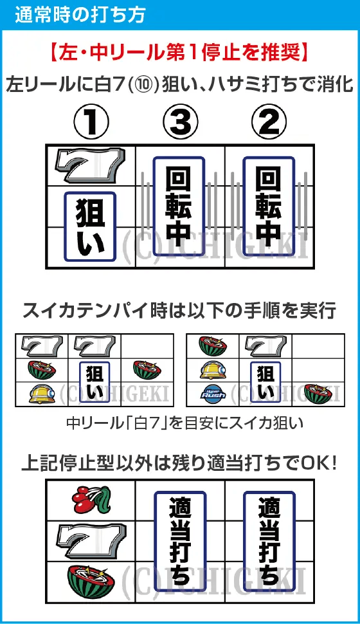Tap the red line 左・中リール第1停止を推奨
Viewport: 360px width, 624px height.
[x=179, y=52]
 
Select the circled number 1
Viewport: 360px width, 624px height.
[x=92, y=122]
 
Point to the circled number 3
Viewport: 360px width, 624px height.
[x=179, y=122]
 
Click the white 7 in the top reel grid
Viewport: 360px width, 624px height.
[x=91, y=167]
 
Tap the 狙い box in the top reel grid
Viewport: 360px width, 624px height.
[x=91, y=225]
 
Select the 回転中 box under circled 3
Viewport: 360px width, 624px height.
[x=179, y=205]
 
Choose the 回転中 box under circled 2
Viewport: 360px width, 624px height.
[x=268, y=205]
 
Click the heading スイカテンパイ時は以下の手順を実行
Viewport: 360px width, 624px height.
[x=179, y=311]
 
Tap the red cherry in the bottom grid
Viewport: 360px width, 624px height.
[x=92, y=497]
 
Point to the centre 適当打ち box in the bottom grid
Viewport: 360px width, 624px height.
[x=180, y=540]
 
